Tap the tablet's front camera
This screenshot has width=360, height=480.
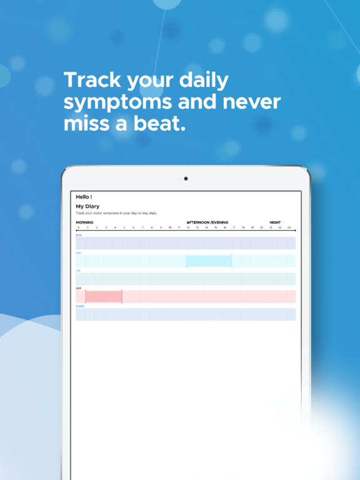(x=186, y=179)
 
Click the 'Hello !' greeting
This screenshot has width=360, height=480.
(x=84, y=197)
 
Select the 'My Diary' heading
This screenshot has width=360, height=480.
(x=87, y=206)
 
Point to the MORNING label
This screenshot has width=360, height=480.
(x=84, y=222)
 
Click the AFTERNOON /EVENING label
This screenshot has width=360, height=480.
(x=207, y=222)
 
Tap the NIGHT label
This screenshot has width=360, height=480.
(x=275, y=222)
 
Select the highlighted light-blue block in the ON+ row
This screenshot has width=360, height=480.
(x=209, y=261)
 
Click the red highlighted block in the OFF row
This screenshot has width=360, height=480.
(x=104, y=296)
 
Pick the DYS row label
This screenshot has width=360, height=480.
(x=79, y=235)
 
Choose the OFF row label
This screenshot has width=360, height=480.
(x=79, y=288)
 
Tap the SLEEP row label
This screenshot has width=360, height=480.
(x=80, y=306)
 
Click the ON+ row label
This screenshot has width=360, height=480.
(x=79, y=252)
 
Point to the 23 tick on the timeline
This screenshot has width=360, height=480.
(x=289, y=227)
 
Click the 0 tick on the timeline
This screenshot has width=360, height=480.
(x=78, y=227)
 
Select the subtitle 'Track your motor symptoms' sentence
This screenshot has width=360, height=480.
(x=116, y=213)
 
